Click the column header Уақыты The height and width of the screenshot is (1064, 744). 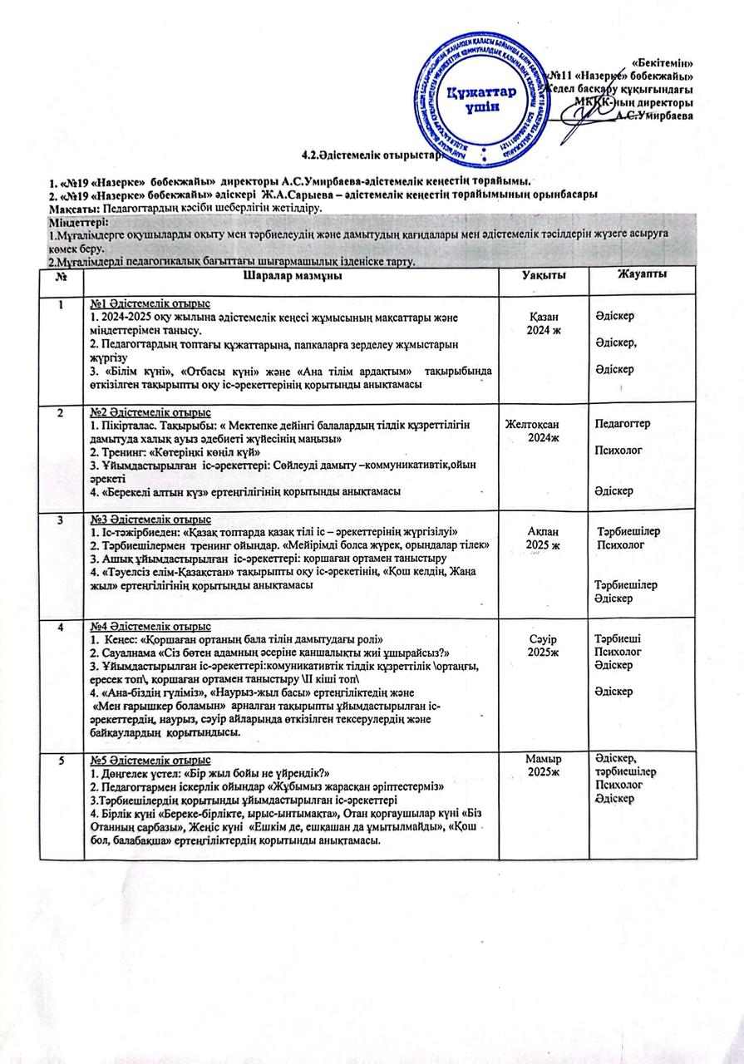[x=544, y=275]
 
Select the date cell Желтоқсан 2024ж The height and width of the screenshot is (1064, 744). [x=544, y=431]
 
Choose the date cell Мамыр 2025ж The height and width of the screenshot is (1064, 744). [x=544, y=766]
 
